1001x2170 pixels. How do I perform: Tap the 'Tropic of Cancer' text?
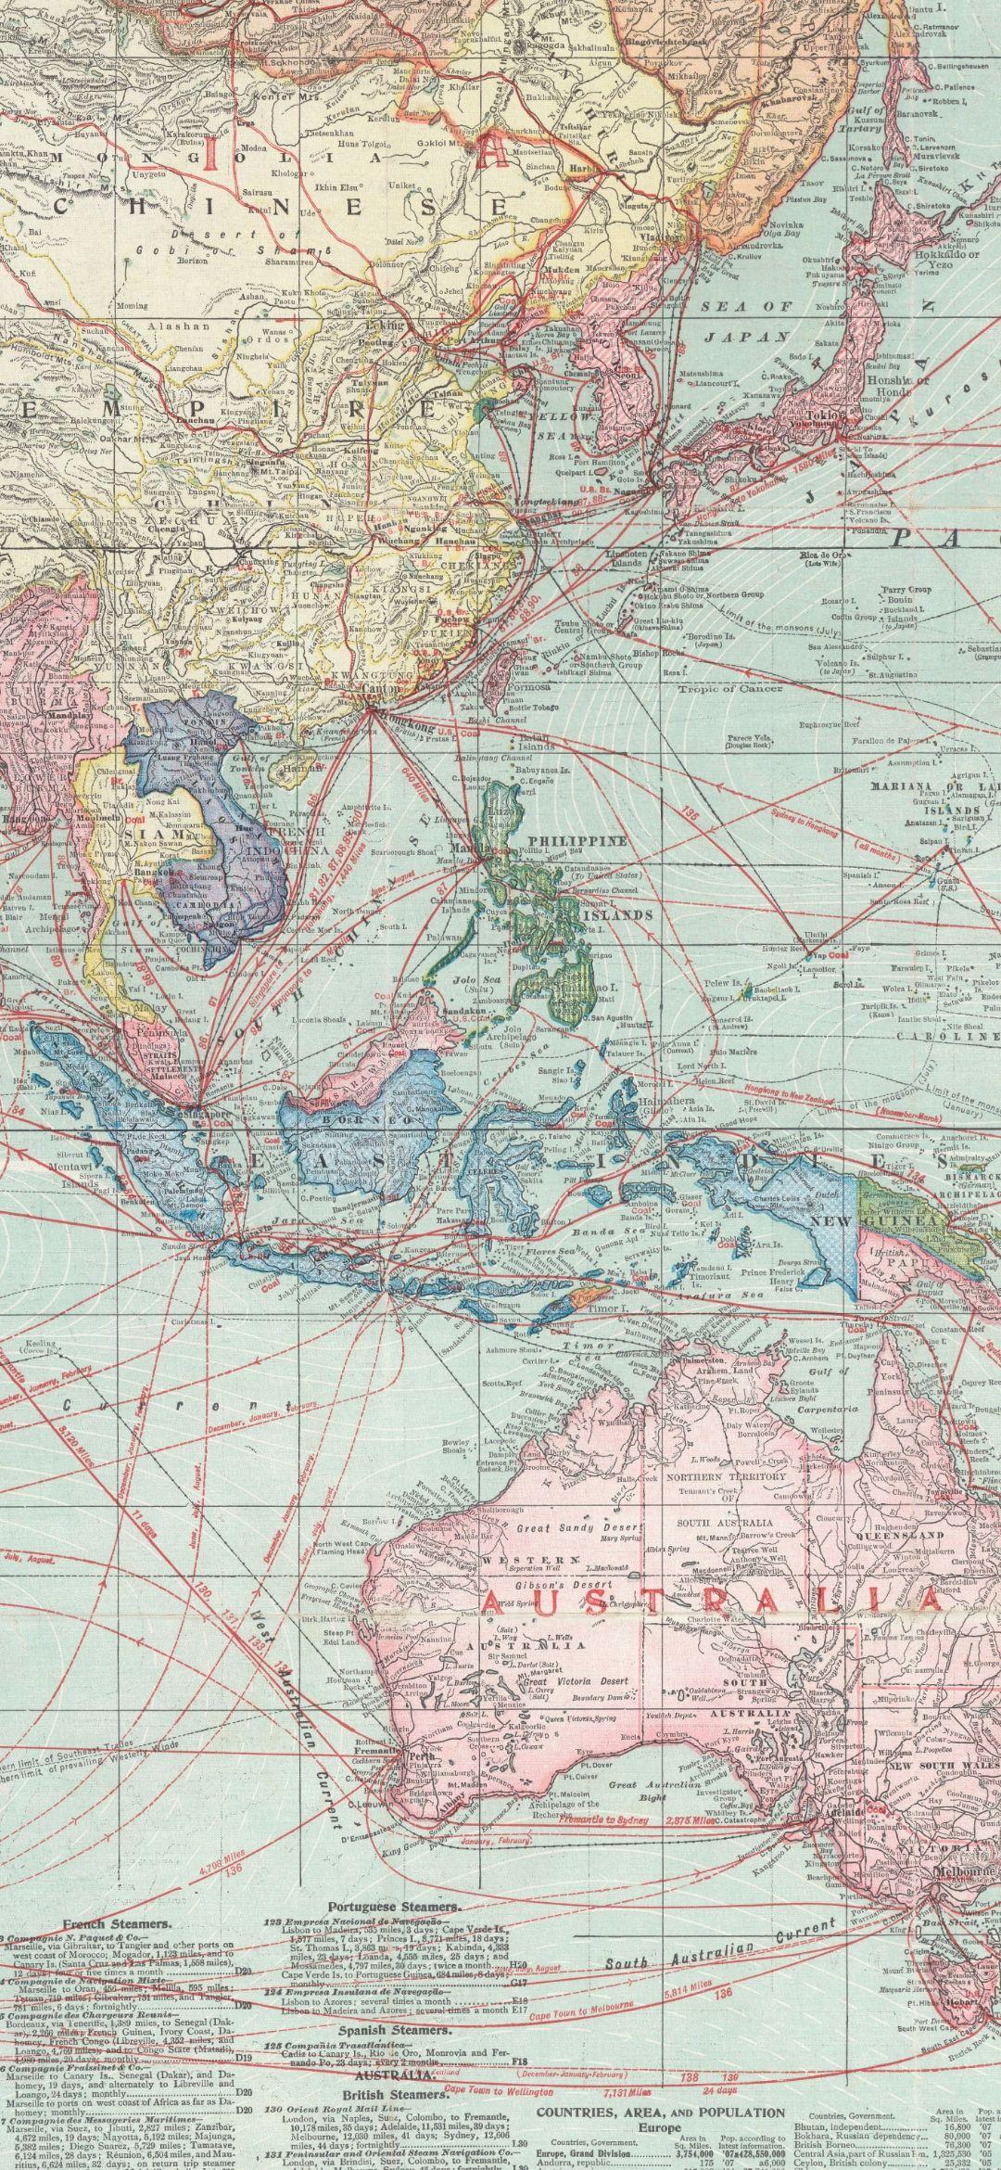click(x=730, y=688)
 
